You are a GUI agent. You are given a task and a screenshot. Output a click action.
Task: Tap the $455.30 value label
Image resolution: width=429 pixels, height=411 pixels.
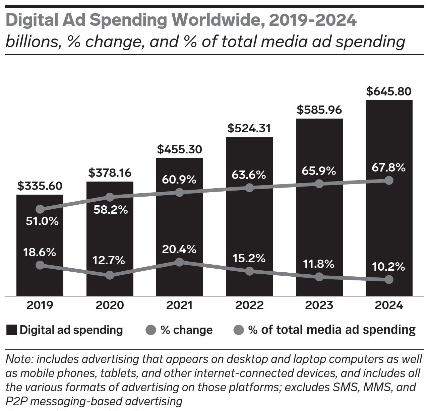pos(180,150)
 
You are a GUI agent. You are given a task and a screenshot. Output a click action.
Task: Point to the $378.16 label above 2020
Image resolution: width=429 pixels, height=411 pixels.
pos(110,173)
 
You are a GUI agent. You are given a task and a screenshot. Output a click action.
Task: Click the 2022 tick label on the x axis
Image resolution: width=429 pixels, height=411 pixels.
pos(249,305)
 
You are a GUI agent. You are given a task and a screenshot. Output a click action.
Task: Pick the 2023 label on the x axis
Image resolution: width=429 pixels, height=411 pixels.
pos(319,305)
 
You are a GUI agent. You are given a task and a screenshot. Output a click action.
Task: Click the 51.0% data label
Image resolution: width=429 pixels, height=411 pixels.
pos(42,221)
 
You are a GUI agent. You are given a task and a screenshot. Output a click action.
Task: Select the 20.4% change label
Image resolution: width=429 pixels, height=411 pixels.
pos(179,249)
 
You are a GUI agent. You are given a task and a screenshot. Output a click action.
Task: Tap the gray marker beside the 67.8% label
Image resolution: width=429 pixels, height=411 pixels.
pos(389,180)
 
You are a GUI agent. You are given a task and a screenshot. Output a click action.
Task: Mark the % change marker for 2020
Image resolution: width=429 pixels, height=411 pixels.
pos(110,275)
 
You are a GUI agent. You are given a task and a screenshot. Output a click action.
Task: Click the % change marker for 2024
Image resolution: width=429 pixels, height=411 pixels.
pos(389,279)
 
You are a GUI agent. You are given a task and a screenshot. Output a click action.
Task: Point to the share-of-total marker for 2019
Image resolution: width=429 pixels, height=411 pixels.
pos(40,209)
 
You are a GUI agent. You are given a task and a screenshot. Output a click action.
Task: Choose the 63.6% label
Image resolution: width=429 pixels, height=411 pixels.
pos(249,175)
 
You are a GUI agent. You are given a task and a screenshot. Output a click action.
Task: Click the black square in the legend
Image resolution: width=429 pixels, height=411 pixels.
pos(11,330)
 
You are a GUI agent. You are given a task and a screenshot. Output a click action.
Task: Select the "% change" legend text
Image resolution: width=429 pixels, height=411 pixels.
pos(186,330)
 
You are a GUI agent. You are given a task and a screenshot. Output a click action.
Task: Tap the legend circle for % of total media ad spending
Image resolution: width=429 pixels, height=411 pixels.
pos(238,330)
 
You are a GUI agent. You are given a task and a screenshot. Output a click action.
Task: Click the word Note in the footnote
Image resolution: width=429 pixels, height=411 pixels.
pos(19,359)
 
